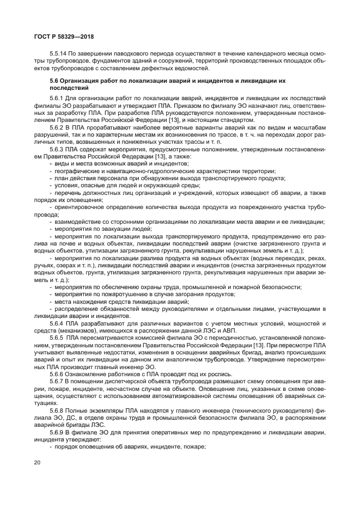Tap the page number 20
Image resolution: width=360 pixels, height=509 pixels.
pos(38,463)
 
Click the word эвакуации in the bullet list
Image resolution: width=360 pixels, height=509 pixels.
pos(108,229)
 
